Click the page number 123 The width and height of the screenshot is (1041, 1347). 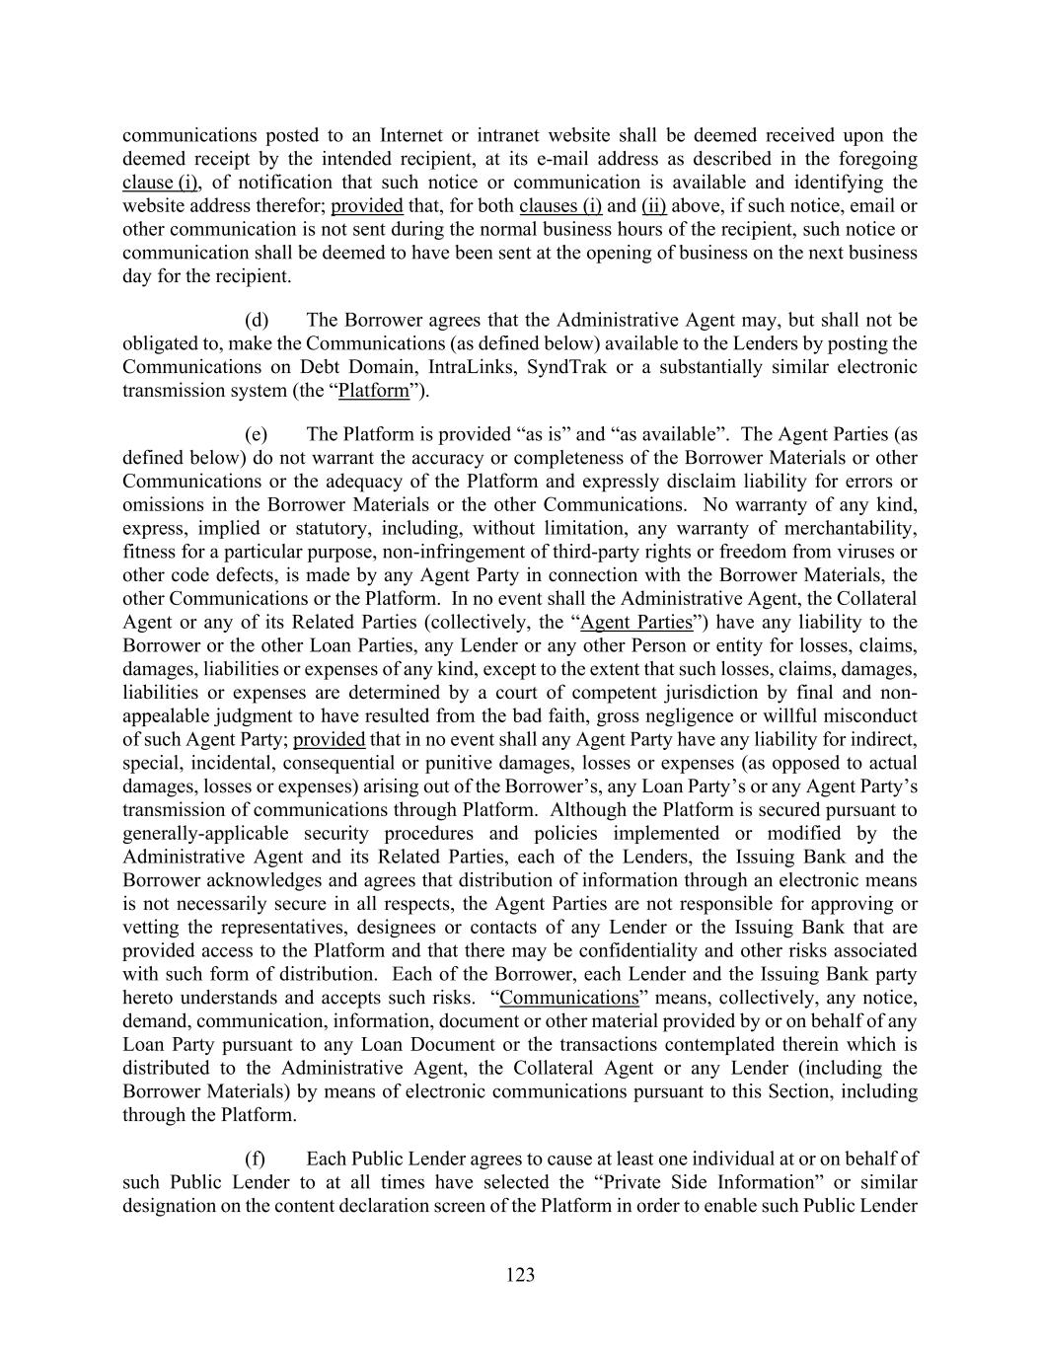click(520, 1275)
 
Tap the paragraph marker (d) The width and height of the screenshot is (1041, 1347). click(257, 320)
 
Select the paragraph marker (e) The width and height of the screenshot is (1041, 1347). click(257, 434)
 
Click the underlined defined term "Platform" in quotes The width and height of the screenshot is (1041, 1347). click(373, 391)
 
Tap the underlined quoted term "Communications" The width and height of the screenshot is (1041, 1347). click(569, 998)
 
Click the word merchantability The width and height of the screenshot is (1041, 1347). click(855, 528)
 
